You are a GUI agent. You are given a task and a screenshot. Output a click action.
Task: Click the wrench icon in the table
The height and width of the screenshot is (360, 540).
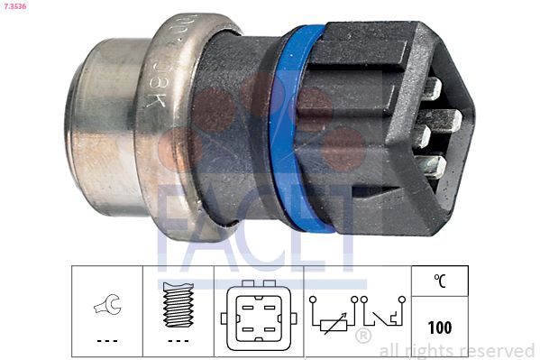pos(105,308)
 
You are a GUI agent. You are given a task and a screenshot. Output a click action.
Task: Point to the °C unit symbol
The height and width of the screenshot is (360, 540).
pos(440,282)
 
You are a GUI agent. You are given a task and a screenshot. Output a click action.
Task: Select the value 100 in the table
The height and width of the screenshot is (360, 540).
pos(440,327)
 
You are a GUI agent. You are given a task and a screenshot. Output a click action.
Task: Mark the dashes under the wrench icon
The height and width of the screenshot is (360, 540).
pos(105,340)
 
